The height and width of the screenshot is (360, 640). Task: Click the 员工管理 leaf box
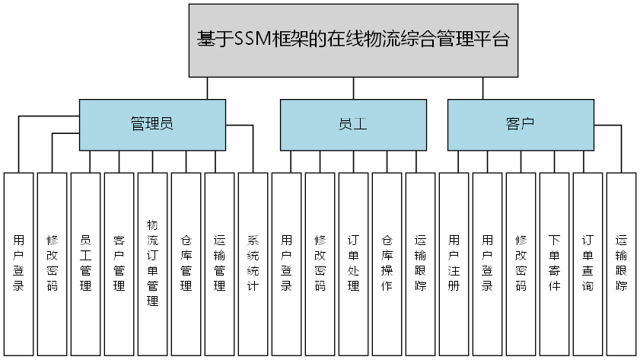[85, 263]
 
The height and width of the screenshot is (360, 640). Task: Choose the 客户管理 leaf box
[119, 263]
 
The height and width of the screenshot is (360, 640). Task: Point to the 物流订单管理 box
[152, 263]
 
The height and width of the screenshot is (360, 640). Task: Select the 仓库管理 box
[186, 263]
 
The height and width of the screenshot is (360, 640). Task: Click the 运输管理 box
[219, 263]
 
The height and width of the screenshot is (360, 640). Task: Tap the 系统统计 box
[253, 263]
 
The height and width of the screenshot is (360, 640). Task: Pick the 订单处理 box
[353, 263]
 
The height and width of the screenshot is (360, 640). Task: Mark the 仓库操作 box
[387, 263]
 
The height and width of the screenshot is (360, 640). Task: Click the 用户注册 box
[454, 263]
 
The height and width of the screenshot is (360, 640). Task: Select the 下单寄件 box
[554, 263]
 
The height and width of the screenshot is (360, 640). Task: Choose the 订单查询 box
[587, 263]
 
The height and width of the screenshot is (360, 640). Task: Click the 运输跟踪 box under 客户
[621, 263]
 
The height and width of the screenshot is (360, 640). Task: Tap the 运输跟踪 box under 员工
[420, 263]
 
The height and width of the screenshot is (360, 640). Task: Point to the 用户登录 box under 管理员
[18, 263]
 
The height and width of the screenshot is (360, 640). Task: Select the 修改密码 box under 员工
[320, 263]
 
